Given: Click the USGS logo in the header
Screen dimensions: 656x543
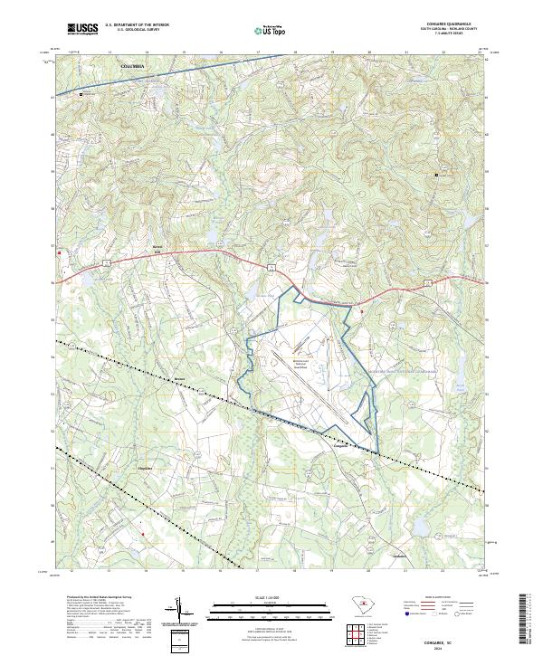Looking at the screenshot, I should [x=82, y=30].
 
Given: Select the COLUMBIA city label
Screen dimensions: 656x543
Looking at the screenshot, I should [x=138, y=66].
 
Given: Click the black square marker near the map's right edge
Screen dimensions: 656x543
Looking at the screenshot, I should [x=437, y=175].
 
